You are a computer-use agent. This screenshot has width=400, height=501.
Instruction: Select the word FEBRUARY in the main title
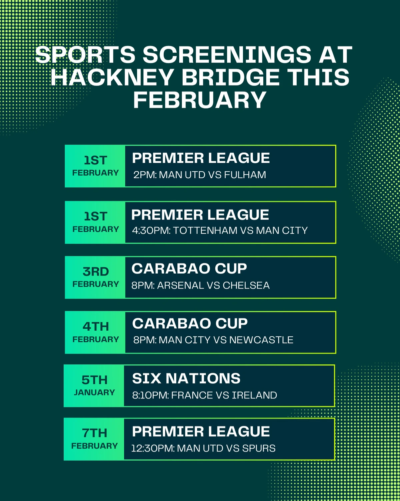(x=200, y=100)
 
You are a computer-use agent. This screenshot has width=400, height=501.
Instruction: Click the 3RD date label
(x=96, y=272)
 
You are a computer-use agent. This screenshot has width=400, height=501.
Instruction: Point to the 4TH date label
(x=96, y=327)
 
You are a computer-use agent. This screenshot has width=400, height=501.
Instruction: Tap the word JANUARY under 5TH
(x=94, y=392)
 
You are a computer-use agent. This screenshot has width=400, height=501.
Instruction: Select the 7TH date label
(x=95, y=433)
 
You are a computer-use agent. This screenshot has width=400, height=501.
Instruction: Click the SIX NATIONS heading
(x=186, y=378)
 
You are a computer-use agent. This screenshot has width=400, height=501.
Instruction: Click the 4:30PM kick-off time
(x=151, y=230)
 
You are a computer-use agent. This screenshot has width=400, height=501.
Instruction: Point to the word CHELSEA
(x=246, y=286)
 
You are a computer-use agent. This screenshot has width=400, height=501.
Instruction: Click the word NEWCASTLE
(x=261, y=340)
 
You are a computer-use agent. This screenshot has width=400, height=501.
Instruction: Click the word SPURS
(x=259, y=448)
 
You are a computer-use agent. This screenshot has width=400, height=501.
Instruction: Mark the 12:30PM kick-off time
(x=153, y=448)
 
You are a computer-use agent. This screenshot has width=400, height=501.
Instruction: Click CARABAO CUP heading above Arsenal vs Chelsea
(x=189, y=269)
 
